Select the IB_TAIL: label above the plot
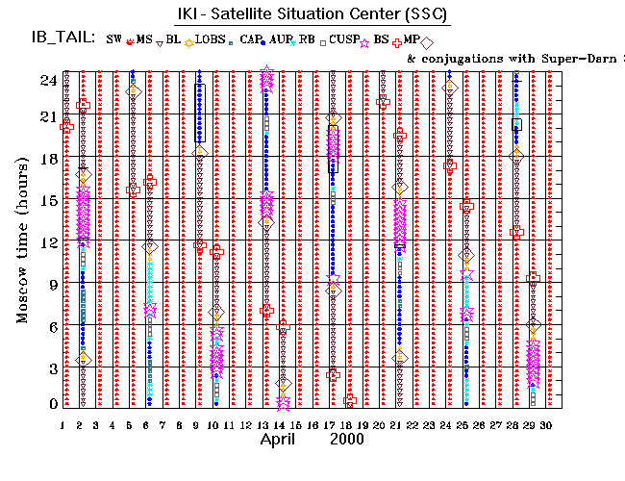(61, 38)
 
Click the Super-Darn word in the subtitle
(573, 59)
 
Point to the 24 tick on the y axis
(47, 81)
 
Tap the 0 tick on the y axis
(51, 405)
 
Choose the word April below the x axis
(283, 439)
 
